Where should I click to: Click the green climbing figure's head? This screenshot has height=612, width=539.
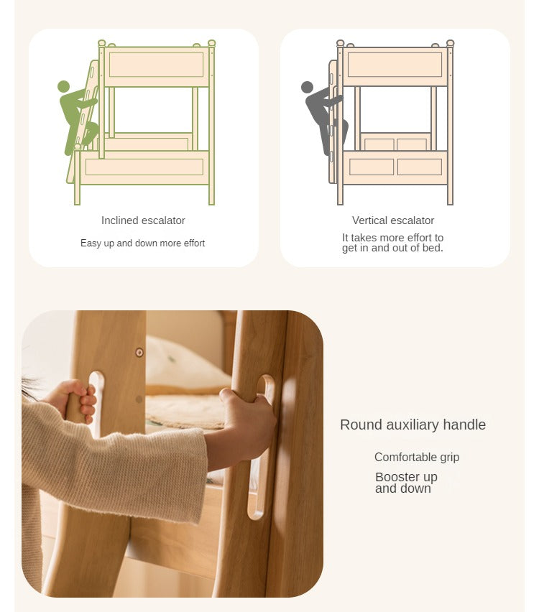point(63,87)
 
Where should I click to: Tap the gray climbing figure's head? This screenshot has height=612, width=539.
point(307,87)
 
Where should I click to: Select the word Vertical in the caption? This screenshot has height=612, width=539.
point(366,221)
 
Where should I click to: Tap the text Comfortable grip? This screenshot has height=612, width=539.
point(417,457)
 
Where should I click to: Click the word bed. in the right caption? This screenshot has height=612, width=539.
point(433,249)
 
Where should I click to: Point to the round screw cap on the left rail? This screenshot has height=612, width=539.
point(139,353)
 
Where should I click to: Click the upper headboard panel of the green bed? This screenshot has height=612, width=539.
point(156,65)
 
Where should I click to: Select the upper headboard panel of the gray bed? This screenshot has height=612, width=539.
point(395,65)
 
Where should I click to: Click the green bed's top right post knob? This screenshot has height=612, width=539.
point(212,43)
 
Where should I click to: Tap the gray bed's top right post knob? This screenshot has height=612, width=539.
point(451,43)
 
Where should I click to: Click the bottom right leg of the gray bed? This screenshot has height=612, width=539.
point(450,195)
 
